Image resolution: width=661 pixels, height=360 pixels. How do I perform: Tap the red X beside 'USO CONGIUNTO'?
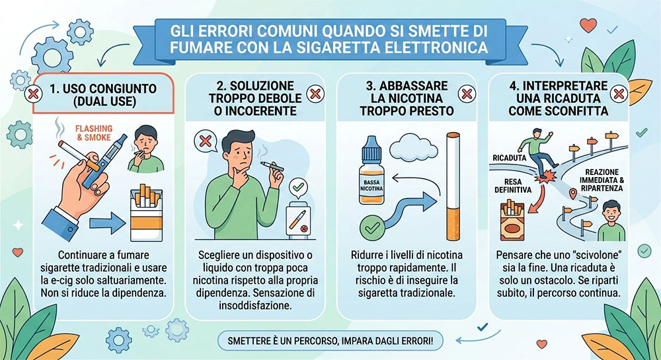(32, 94)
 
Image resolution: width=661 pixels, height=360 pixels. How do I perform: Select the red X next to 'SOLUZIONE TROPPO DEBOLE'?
(315, 94)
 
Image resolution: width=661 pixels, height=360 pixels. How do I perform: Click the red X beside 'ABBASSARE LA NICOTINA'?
(467, 94)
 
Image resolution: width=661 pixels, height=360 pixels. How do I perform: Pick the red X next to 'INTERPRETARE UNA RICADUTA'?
(619, 94)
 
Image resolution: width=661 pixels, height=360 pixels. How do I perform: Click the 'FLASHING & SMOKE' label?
(94, 133)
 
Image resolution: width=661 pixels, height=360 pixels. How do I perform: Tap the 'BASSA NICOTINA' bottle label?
(371, 186)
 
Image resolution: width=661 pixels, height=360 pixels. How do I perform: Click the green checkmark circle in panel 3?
(373, 227)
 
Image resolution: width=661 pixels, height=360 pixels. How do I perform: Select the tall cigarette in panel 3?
(453, 186)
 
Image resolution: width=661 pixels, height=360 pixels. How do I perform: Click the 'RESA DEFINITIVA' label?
(513, 186)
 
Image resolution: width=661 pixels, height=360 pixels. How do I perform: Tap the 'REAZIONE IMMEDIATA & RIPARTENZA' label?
(602, 180)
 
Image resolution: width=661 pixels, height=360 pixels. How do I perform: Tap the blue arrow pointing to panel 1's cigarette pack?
(107, 223)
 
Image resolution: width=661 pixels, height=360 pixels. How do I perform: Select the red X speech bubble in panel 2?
(206, 141)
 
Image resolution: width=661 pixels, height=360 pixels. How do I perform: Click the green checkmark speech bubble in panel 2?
(298, 188)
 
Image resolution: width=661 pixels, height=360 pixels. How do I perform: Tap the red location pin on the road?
(572, 194)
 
